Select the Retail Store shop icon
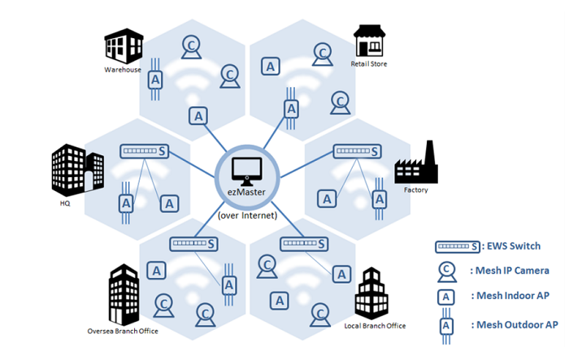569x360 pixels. [368, 41]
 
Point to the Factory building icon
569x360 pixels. [415, 163]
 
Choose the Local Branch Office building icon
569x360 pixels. [373, 292]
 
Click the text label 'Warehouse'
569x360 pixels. [123, 70]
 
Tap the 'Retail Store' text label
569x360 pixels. [369, 63]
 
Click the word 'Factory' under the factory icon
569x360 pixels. [415, 190]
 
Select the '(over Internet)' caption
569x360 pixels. [246, 215]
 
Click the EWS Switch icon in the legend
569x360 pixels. [456, 247]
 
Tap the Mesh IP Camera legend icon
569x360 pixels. [446, 271]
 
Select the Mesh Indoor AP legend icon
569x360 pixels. [446, 297]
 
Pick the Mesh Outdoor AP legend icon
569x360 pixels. [446, 324]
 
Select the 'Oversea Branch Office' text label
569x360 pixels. [123, 331]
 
